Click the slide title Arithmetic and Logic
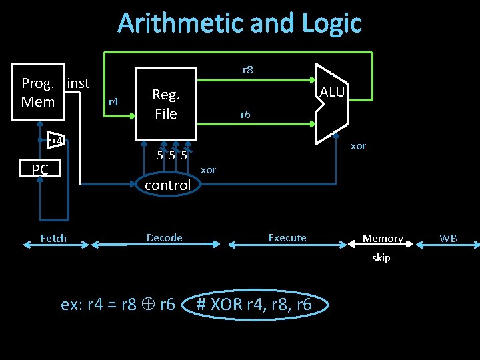coord(239,23)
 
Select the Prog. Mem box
coord(38,93)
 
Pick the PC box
coord(40,170)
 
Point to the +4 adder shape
coord(57,141)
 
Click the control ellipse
coord(168,185)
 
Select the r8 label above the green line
coord(247,69)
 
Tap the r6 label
coord(245,115)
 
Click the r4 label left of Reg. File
coord(113,101)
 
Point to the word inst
coord(78,83)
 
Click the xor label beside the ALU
coord(358,146)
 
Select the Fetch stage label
coord(53,238)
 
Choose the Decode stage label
coord(165,237)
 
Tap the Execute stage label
coord(287,237)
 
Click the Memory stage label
coord(383,238)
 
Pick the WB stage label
coord(448,238)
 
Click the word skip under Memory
coord(381,258)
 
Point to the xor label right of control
coord(209,170)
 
